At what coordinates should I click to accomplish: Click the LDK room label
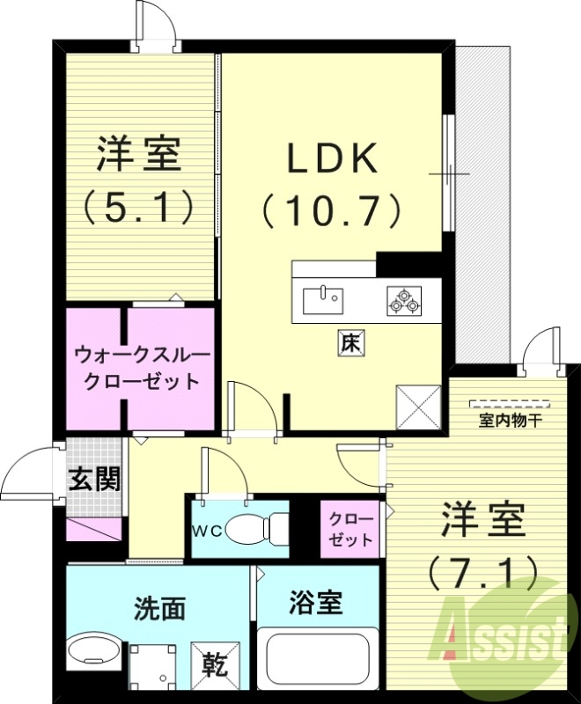tap(331, 158)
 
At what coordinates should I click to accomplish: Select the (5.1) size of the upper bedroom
tap(139, 208)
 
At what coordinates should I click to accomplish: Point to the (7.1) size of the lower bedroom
tap(482, 573)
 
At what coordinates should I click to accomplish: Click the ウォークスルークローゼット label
tap(142, 369)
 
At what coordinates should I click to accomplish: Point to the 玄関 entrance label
tap(95, 480)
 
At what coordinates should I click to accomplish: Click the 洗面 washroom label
tap(159, 607)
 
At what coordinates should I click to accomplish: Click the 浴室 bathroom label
tap(315, 605)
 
